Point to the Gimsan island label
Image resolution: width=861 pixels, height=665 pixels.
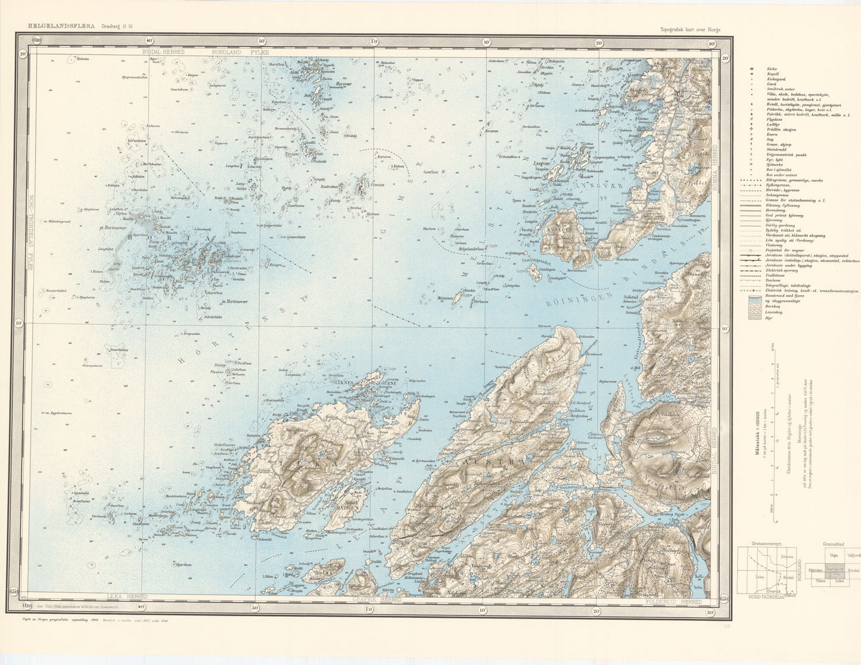coord(377,185)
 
